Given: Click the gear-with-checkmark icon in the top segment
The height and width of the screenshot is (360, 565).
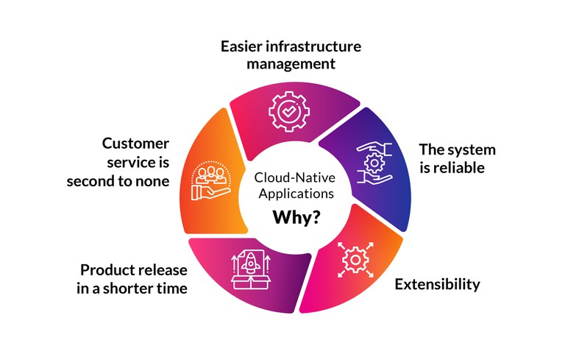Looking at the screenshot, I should [x=284, y=110].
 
